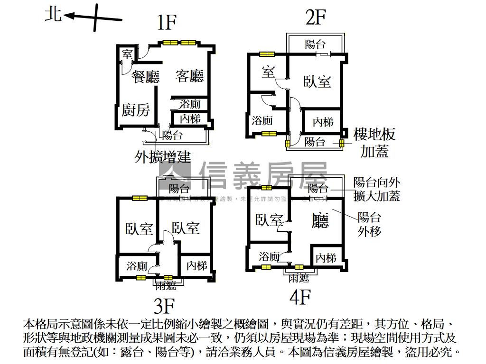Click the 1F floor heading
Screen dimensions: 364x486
[167, 22]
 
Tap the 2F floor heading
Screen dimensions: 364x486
[316, 18]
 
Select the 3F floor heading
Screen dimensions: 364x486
[164, 306]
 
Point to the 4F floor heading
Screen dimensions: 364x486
[300, 298]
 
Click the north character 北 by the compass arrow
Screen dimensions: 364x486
[53, 14]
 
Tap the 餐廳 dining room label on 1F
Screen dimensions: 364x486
[146, 77]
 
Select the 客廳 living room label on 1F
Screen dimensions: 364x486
[190, 76]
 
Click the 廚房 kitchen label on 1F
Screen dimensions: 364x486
[136, 110]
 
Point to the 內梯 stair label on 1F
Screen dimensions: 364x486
[190, 118]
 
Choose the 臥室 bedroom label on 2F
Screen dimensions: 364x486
[317, 82]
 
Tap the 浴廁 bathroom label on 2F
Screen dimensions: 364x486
[262, 120]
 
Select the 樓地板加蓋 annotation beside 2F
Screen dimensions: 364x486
[374, 143]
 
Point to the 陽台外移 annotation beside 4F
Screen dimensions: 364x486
[369, 225]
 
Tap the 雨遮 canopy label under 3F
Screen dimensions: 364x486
[166, 285]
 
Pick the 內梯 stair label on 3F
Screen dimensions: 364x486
[196, 265]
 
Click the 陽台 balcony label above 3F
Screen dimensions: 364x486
[178, 189]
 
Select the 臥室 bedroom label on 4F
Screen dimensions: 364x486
[269, 220]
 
